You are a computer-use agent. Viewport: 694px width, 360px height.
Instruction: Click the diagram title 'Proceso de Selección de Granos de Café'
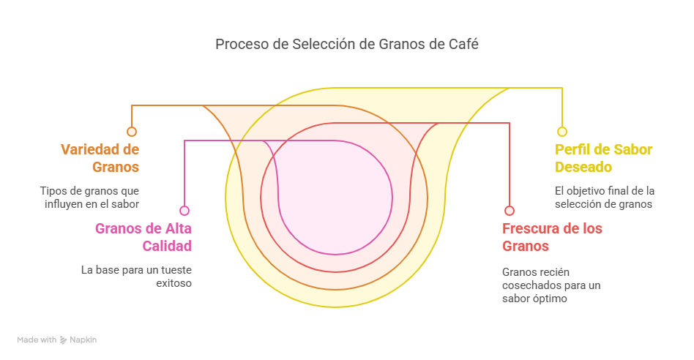point(346,44)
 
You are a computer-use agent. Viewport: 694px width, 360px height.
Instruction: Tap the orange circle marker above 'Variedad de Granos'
point(132,132)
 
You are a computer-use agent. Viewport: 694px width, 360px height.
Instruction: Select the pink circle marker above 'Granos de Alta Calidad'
point(184,211)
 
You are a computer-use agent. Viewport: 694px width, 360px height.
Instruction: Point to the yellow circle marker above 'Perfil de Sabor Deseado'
point(562,132)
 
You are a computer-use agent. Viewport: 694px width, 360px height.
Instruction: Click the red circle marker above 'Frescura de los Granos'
point(510,211)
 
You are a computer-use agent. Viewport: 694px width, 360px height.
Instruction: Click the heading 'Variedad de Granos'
point(100,158)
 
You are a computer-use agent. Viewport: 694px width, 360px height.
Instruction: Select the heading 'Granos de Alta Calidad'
point(143,237)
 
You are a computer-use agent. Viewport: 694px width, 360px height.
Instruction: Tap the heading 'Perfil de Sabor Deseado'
point(604,158)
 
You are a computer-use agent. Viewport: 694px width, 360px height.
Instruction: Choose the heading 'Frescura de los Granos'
point(552,237)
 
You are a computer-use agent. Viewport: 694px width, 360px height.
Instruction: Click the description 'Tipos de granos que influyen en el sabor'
point(90,198)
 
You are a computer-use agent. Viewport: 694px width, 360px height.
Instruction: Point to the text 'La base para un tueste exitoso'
point(136,277)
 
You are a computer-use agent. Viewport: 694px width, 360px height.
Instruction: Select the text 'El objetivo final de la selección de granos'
point(605,198)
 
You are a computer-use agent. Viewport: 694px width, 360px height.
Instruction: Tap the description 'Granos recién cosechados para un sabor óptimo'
point(551,285)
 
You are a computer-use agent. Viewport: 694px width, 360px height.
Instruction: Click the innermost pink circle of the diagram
point(392,198)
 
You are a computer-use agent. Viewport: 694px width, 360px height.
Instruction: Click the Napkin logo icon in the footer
point(63,340)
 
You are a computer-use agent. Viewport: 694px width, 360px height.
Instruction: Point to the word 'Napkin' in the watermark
point(83,340)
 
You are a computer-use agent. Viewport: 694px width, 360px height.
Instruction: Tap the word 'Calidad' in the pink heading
point(167,246)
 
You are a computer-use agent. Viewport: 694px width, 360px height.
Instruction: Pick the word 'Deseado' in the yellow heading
point(583,167)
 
